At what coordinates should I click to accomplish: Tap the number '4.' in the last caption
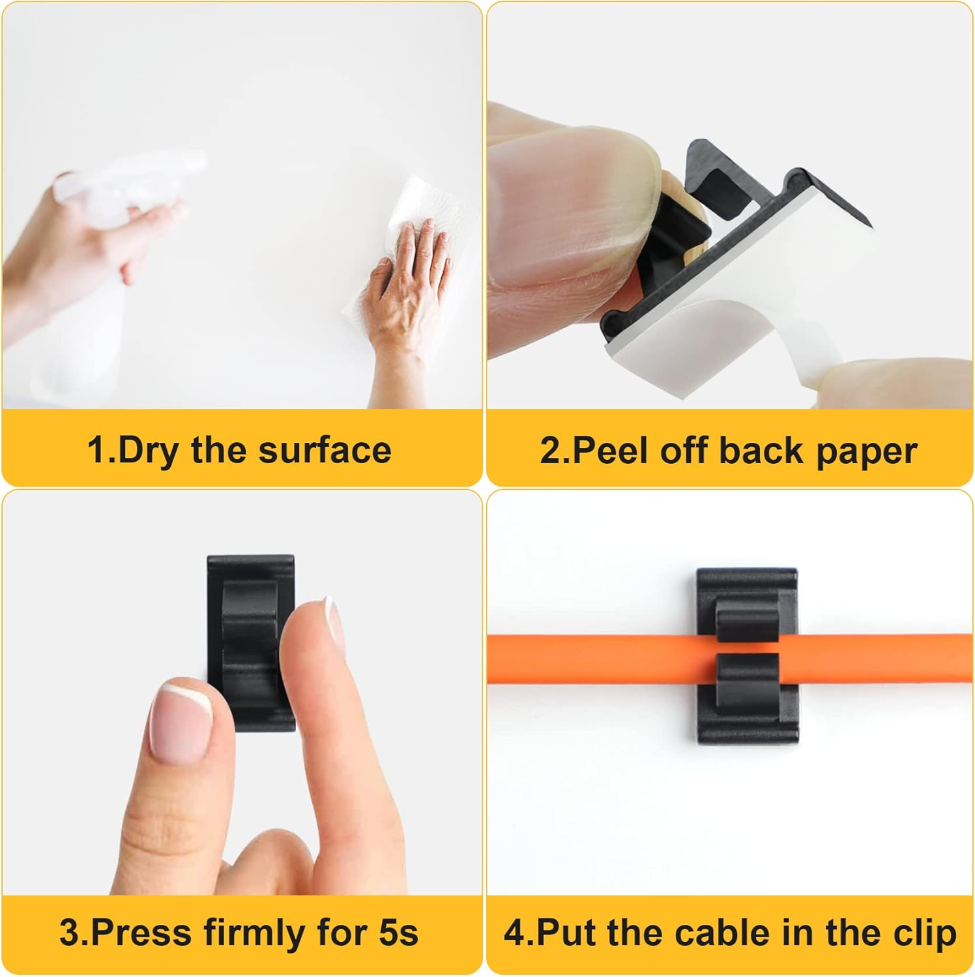(518, 933)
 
